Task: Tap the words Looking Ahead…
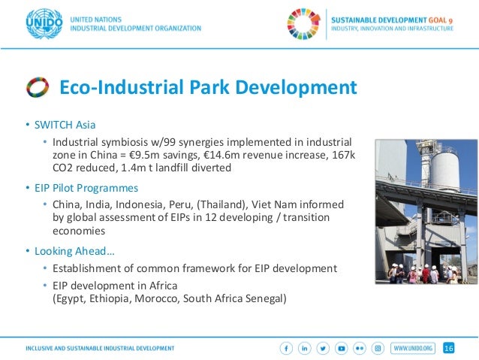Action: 71,250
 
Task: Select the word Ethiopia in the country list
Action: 110,298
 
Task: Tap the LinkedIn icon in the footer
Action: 306,348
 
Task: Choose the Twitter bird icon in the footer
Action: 324,348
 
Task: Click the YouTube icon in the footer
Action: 342,348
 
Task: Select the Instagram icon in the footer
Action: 378,348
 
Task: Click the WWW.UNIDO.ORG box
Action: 414,348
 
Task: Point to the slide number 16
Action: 449,348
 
